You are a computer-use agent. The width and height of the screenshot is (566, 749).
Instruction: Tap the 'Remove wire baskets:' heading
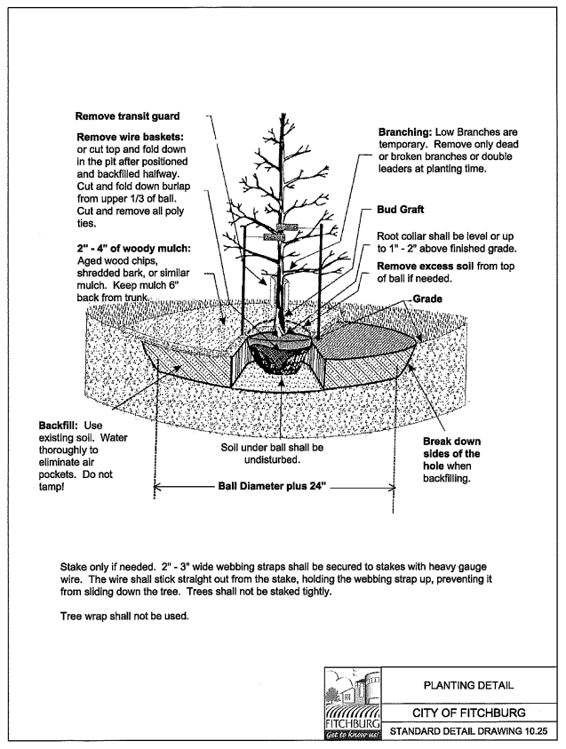pos(132,139)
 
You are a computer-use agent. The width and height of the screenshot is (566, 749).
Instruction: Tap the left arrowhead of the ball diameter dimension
pos(158,487)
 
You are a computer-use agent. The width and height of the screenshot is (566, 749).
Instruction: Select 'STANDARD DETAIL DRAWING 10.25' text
pos(468,734)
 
